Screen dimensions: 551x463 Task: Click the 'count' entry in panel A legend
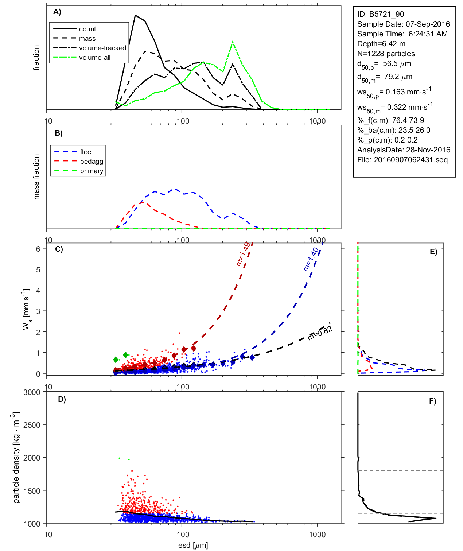(87, 29)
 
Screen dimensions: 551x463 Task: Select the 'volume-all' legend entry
(94, 58)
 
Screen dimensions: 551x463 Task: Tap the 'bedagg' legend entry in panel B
(92, 162)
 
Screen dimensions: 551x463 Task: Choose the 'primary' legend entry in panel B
(92, 171)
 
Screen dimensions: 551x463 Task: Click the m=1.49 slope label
(243, 254)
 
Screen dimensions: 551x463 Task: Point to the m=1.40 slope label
(311, 259)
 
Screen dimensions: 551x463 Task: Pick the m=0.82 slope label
(320, 333)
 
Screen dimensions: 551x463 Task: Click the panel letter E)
(433, 252)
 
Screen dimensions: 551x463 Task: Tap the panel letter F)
(432, 401)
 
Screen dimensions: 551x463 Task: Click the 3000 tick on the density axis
(32, 392)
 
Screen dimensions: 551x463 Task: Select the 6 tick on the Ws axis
(38, 249)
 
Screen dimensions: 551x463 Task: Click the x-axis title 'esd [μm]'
(193, 545)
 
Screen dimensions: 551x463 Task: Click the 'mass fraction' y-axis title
(36, 177)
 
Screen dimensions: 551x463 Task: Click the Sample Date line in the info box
(403, 24)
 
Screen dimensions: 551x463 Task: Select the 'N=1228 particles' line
(386, 54)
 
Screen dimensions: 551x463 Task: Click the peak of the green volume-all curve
(233, 42)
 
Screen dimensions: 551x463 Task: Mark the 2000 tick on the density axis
(32, 458)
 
